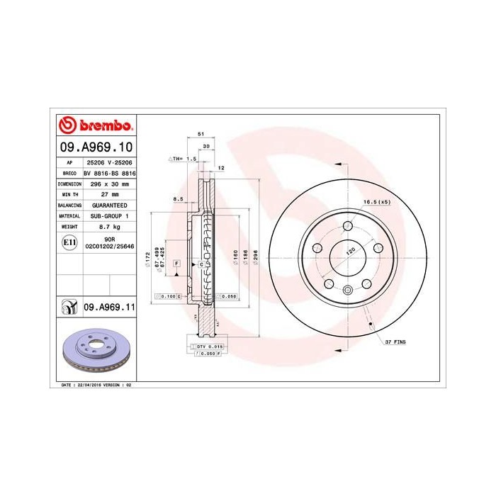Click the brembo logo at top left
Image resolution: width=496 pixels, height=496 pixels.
click(94, 126)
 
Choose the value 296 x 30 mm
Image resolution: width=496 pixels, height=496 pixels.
click(108, 183)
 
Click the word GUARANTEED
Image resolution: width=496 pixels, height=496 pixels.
click(108, 204)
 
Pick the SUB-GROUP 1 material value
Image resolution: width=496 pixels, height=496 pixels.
click(108, 215)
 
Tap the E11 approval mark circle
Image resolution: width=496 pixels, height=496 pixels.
click(69, 242)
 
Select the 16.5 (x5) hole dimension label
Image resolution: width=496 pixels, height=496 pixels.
click(377, 202)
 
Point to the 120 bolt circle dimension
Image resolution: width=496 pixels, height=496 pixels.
click(349, 252)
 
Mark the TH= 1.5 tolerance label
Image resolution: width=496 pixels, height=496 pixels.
click(181, 159)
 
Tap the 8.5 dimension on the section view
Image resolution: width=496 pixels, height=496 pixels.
click(179, 199)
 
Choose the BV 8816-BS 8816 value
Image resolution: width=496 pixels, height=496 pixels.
click(109, 172)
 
